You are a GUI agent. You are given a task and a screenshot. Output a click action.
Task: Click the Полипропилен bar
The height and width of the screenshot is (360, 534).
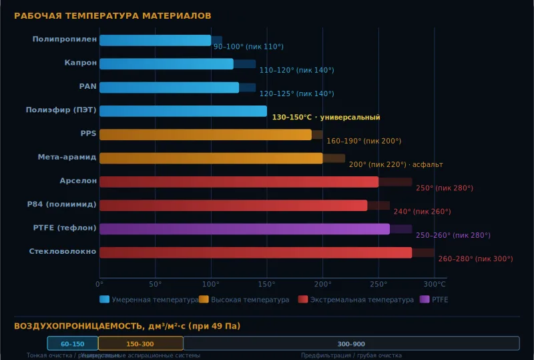pos(155,40)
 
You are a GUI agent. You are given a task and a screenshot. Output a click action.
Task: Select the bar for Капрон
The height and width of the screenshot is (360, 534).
pos(166,64)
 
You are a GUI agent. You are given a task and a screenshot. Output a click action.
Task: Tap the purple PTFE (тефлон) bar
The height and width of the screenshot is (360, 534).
pos(244,229)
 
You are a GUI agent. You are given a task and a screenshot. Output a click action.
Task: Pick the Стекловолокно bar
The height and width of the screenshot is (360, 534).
pos(256,252)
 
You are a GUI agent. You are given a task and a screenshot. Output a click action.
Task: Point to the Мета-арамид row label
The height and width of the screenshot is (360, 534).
pos(67,158)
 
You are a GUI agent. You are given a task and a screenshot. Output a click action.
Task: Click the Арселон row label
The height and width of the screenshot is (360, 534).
pos(78,181)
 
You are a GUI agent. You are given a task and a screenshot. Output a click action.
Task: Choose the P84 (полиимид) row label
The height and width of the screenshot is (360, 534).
pos(61,204)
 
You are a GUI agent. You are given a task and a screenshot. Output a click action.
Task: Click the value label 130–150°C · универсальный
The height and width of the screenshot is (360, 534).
pos(326,118)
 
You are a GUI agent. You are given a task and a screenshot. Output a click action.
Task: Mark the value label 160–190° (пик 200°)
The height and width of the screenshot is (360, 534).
pos(364,141)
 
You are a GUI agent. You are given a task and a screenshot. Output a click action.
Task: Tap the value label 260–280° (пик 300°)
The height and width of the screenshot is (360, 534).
pos(475,258)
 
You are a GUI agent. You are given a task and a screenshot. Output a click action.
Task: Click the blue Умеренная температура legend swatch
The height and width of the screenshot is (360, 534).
pos(104,300)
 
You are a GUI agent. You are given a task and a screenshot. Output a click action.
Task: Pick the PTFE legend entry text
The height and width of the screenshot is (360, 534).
pos(440,300)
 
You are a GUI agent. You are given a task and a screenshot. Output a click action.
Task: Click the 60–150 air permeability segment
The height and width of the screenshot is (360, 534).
pos(73,343)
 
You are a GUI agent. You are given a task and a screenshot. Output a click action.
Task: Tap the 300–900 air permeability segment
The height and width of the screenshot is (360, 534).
pos(351,343)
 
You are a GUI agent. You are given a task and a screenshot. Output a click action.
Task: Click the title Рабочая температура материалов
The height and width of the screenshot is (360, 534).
pos(113,15)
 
